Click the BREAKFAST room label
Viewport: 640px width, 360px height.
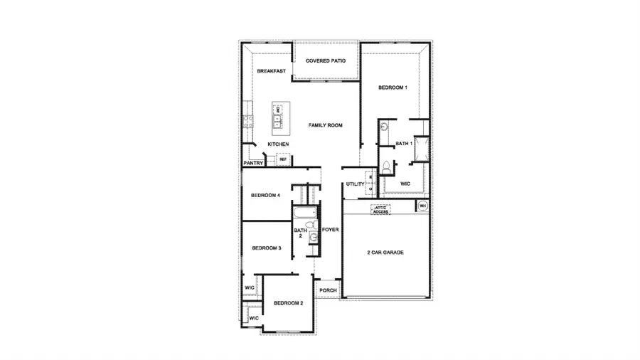272,71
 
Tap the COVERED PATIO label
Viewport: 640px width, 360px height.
326,61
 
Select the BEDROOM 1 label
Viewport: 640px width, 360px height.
393,88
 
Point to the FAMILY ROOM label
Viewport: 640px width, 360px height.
326,125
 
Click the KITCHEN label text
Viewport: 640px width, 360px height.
278,144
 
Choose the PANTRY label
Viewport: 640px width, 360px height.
254,164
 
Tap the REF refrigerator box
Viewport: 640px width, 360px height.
282,160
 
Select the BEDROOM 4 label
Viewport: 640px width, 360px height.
266,196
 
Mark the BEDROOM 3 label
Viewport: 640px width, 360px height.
267,248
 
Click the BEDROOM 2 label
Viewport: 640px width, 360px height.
289,304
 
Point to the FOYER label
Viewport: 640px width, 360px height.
330,231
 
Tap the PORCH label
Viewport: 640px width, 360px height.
328,291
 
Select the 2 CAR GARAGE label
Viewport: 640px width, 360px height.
385,253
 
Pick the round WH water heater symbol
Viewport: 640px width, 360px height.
422,207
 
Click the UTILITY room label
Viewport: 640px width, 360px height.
356,184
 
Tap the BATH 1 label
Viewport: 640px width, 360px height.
404,144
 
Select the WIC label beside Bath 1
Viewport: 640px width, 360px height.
405,184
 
